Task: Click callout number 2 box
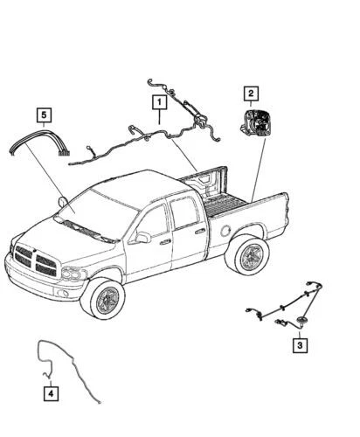pyautogui.click(x=250, y=93)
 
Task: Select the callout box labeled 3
pyautogui.click(x=299, y=346)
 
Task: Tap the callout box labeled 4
pyautogui.click(x=52, y=392)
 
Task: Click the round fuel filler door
pyautogui.click(x=226, y=231)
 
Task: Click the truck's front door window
pyautogui.click(x=154, y=222)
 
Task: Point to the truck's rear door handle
pyautogui.click(x=200, y=232)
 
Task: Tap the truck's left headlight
pyautogui.click(x=72, y=273)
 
